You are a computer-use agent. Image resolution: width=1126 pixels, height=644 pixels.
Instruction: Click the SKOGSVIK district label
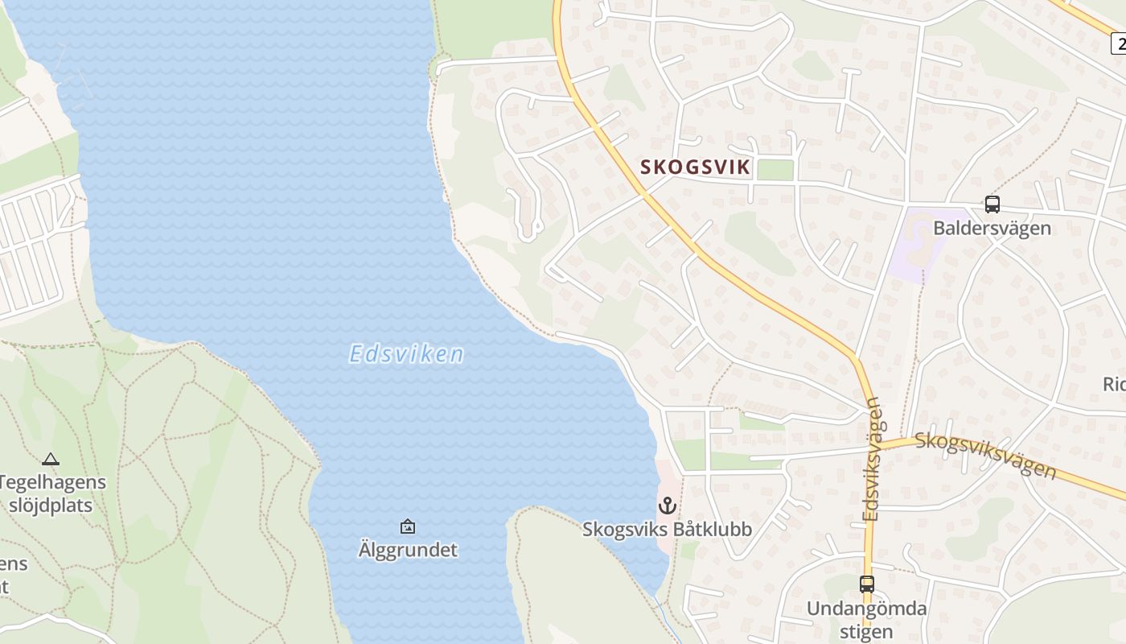(696, 167)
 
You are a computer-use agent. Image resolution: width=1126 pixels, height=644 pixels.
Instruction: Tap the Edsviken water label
(407, 354)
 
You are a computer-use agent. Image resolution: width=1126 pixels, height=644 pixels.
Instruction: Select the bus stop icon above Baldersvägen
(992, 204)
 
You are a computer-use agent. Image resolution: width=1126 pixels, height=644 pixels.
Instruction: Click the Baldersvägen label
(992, 228)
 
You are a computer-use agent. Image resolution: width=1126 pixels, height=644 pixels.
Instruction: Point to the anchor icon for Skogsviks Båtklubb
(667, 506)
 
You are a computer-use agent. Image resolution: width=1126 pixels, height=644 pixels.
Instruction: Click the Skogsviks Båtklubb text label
(668, 529)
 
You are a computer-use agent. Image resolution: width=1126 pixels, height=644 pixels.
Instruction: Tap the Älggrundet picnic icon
(408, 526)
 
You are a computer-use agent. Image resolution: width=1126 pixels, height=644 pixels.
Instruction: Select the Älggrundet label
(408, 551)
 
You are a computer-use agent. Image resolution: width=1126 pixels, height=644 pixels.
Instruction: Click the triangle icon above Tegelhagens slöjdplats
(51, 460)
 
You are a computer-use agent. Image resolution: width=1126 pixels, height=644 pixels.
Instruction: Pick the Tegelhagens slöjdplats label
(52, 494)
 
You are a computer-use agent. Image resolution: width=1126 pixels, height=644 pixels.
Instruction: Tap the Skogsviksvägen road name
(985, 454)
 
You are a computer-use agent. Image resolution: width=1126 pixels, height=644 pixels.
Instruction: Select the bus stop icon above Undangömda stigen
(866, 584)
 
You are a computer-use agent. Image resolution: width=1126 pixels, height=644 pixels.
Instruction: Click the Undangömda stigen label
(866, 620)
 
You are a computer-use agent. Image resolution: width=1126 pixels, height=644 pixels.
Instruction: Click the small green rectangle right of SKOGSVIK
(775, 170)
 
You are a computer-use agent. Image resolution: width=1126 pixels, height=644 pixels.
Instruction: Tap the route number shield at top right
(1119, 43)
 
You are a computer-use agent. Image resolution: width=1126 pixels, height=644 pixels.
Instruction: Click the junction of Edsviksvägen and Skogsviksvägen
(876, 444)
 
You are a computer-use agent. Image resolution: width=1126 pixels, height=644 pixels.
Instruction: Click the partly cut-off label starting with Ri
(1115, 384)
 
